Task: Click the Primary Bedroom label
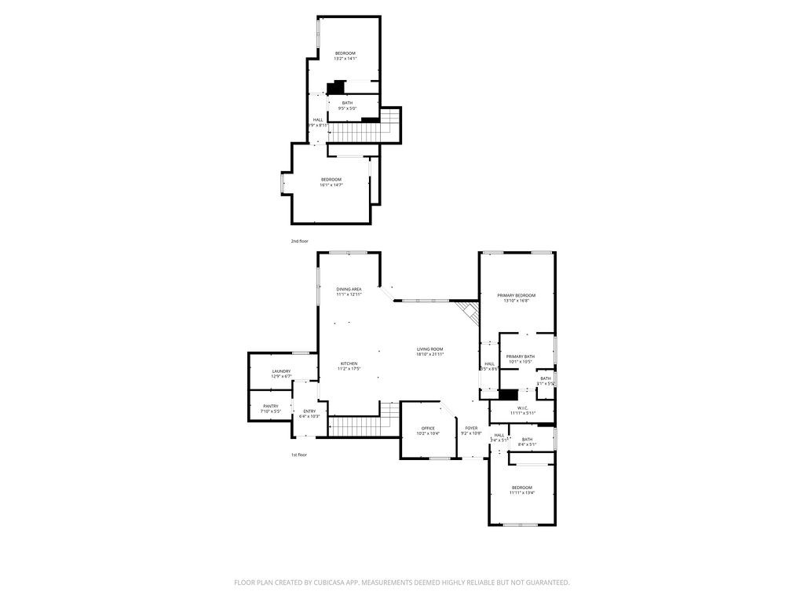click(x=517, y=295)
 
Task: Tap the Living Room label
click(x=430, y=349)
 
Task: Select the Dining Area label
click(x=349, y=289)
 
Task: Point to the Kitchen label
click(x=349, y=364)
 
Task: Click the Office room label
click(x=428, y=428)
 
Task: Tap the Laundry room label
click(x=281, y=371)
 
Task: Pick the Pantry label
click(x=270, y=406)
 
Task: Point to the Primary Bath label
click(x=520, y=356)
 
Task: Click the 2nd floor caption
click(x=299, y=241)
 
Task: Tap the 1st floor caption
click(x=298, y=455)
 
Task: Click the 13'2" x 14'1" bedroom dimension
click(x=345, y=59)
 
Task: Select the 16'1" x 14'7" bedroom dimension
click(x=331, y=185)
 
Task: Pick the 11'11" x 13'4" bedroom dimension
click(x=522, y=493)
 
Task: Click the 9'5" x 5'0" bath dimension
click(x=347, y=108)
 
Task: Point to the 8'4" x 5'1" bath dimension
click(x=527, y=444)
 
